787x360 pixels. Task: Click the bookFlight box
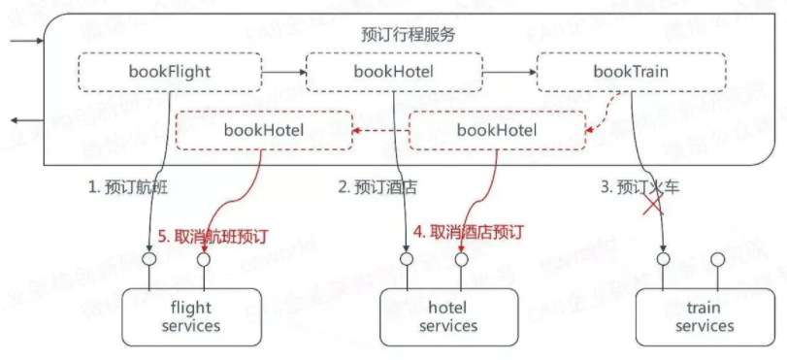tap(170, 72)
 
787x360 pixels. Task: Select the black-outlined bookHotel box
tap(393, 72)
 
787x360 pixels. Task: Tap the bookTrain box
tap(630, 72)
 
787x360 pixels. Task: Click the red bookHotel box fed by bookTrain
tap(496, 129)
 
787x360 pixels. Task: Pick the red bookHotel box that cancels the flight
tap(263, 129)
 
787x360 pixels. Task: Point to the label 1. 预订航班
tap(128, 186)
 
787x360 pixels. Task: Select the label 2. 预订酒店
tap(377, 186)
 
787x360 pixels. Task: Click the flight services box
tap(190, 316)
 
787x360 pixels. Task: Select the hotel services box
tap(447, 316)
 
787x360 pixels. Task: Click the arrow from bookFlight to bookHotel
tap(283, 71)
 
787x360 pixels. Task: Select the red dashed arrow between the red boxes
tap(379, 129)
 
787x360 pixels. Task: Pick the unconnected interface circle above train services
tap(717, 260)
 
